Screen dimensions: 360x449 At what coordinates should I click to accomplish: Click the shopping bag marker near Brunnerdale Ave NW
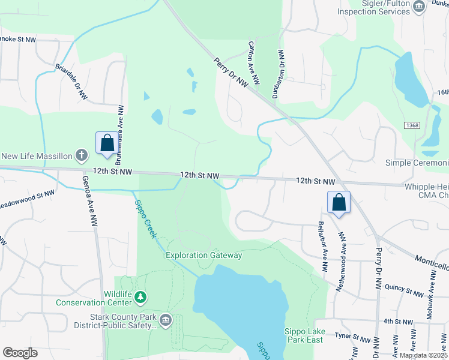point(107,143)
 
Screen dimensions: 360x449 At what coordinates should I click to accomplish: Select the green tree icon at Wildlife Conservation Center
point(140,296)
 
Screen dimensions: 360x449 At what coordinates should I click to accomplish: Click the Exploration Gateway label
point(204,256)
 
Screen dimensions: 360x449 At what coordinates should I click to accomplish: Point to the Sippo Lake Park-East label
point(304,335)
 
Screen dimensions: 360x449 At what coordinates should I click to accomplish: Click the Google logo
point(20,353)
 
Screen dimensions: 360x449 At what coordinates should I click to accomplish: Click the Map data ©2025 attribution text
point(423,355)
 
